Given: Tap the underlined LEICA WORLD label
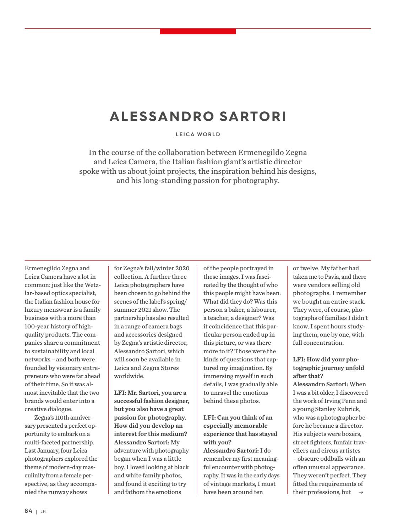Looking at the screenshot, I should pyautogui.click(x=198, y=134).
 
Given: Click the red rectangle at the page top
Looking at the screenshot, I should pyautogui.click(x=198, y=31).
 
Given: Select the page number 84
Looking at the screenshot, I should pyautogui.click(x=28, y=511).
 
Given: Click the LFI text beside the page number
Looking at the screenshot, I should pyautogui.click(x=43, y=511).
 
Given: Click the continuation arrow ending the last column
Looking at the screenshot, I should pyautogui.click(x=361, y=492).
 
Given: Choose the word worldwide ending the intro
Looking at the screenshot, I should pyautogui.click(x=129, y=376).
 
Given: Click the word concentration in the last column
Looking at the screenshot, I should pyautogui.click(x=323, y=343).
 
